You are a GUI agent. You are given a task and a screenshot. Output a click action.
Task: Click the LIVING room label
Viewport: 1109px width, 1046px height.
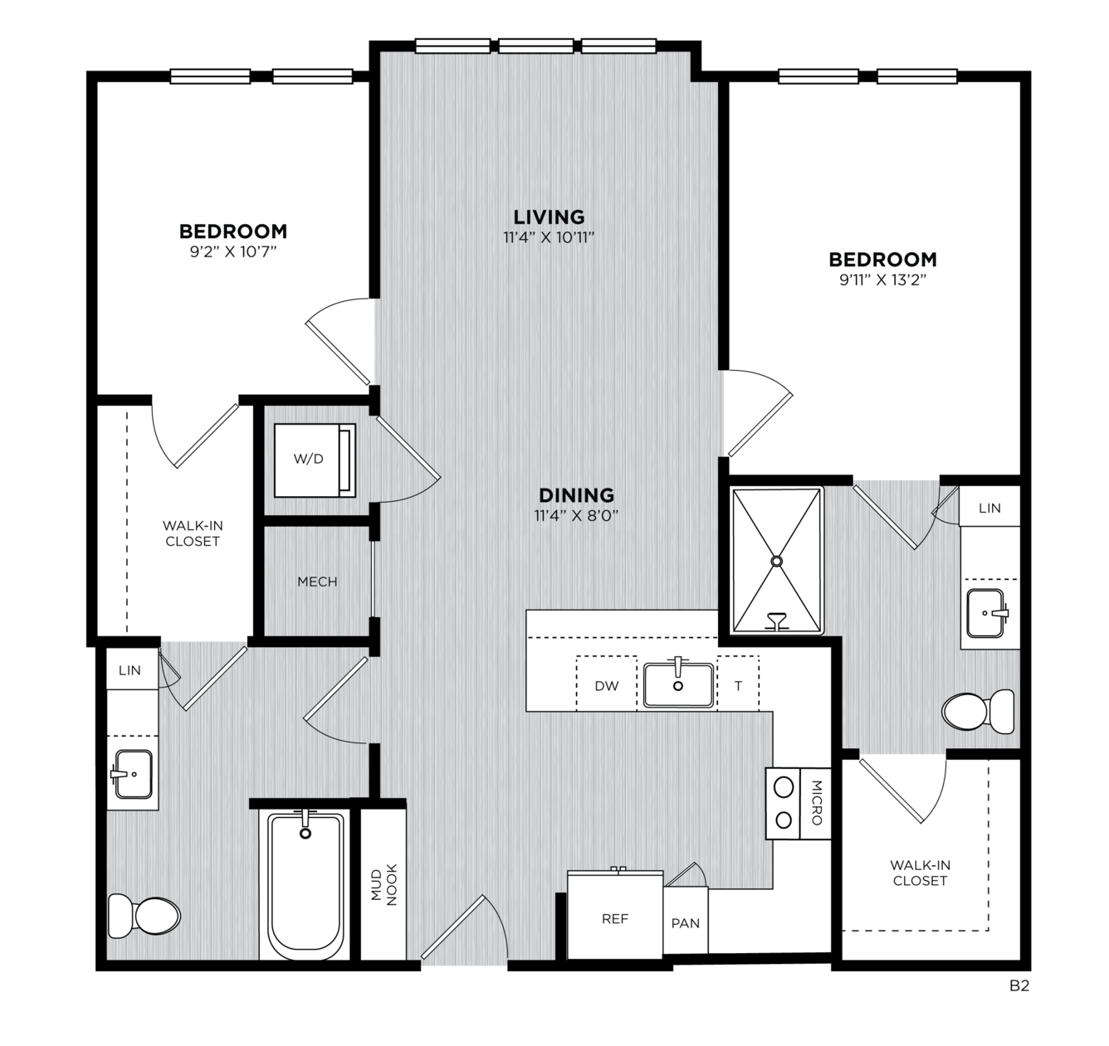549,216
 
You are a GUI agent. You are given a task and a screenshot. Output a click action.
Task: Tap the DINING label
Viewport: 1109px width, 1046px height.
576,495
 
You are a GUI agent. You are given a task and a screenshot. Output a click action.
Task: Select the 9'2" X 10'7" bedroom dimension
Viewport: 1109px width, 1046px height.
233,251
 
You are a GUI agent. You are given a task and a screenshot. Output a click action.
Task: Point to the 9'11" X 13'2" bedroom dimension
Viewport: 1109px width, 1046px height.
883,280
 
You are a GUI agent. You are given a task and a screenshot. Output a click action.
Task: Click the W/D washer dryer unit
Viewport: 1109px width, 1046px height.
315,460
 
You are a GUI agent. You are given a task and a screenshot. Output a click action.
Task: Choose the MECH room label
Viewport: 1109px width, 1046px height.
317,581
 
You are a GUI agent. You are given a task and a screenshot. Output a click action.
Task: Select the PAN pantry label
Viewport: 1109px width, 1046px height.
685,923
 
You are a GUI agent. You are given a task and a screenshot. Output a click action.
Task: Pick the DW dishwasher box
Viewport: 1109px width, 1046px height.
607,684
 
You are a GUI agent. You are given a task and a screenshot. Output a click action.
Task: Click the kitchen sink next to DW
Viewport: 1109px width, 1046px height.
678,684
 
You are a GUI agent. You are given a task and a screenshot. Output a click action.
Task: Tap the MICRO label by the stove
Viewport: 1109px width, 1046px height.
816,803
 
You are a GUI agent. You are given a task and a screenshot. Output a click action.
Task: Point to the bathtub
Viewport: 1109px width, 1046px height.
305,886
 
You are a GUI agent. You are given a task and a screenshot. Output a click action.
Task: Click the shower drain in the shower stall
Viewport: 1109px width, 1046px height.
777,561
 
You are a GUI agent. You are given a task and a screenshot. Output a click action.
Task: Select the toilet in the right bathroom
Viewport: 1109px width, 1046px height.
978,712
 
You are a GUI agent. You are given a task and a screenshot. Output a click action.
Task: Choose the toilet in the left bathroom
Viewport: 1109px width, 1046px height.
144,916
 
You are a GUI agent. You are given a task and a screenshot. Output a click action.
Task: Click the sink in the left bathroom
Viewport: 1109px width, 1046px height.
134,774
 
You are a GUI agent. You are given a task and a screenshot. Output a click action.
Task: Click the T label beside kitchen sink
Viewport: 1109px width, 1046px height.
738,686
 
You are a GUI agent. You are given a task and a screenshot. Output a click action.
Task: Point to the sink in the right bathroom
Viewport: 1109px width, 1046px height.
986,612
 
